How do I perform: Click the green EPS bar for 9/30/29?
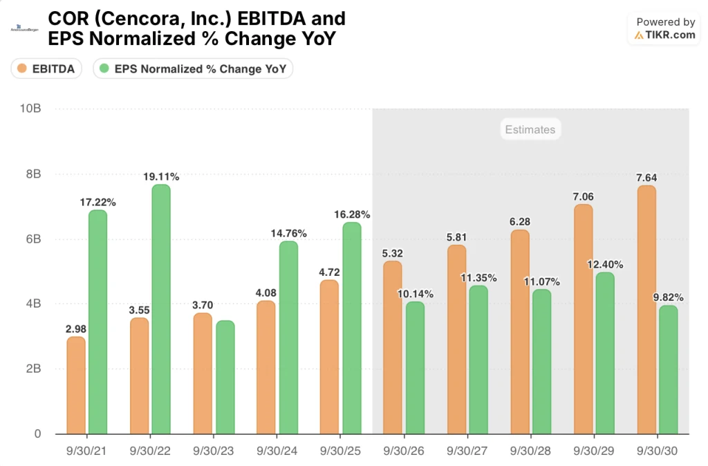tap(605, 353)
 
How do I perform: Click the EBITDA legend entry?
tap(47, 68)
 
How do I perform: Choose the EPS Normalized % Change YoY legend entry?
tap(194, 68)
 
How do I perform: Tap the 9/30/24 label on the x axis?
tap(277, 450)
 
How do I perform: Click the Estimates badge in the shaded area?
tap(530, 129)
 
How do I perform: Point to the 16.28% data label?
tap(353, 214)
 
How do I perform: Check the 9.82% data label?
tap(668, 298)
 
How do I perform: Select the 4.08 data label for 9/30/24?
tap(267, 293)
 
